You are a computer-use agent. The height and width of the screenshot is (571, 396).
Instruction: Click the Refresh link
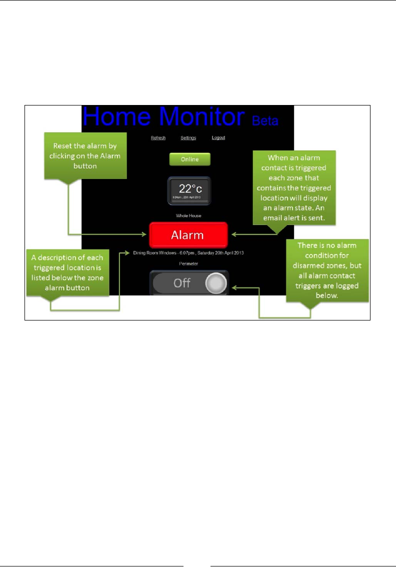(158, 138)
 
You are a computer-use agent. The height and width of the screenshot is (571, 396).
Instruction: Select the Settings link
(188, 138)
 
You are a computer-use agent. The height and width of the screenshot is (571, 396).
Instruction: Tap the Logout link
(218, 138)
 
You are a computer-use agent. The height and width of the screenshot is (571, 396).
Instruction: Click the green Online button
(189, 159)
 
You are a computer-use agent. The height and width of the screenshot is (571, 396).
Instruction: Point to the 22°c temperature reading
(185, 189)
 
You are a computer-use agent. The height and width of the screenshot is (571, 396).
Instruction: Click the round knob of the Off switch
(215, 283)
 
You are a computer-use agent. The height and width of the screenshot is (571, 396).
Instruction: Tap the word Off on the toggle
(181, 283)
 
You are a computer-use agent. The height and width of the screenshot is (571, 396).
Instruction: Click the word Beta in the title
(265, 121)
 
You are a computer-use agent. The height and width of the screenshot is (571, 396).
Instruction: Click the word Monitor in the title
(203, 116)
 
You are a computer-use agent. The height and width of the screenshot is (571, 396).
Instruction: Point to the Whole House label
(188, 215)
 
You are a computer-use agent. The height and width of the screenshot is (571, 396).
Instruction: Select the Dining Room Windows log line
(188, 253)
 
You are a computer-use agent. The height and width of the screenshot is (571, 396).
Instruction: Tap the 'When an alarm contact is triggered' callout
(293, 187)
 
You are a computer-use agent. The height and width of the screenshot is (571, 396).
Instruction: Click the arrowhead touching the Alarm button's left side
(145, 234)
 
